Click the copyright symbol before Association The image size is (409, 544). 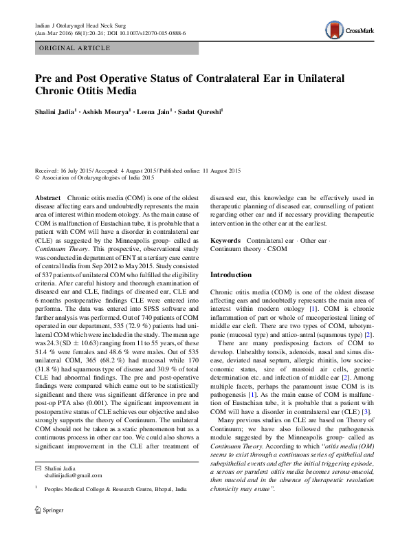pos(37,177)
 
